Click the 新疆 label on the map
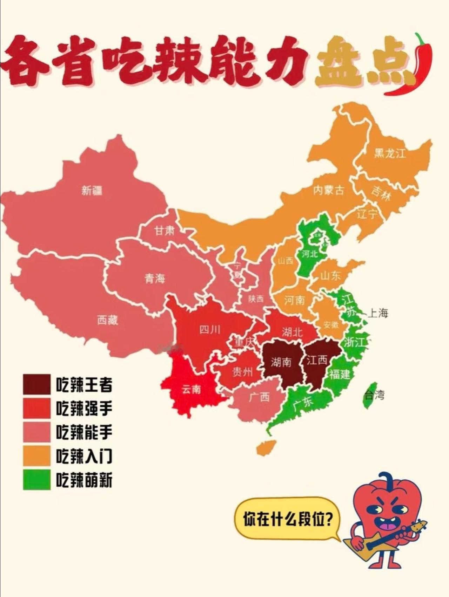click(92, 191)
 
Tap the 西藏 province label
click(108, 320)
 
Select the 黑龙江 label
click(390, 153)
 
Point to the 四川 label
click(210, 330)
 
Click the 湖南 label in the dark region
click(281, 362)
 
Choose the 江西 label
click(317, 360)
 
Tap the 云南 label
click(192, 389)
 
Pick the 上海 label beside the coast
click(378, 313)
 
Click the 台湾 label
click(374, 395)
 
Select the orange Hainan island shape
click(266, 448)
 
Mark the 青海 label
click(155, 279)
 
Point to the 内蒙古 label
click(329, 190)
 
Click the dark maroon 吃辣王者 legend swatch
click(37, 384)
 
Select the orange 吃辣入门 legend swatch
click(37, 456)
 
